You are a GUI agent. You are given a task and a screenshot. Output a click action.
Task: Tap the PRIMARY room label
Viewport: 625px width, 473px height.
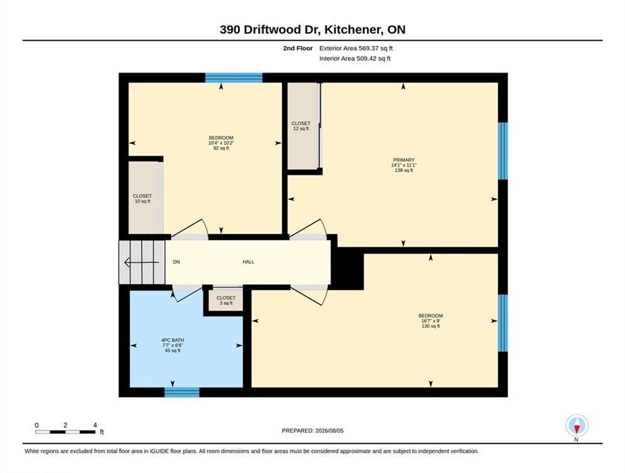403,160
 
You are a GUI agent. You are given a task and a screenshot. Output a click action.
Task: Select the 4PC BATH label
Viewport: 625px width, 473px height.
173,340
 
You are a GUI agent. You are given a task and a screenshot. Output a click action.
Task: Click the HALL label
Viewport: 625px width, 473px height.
248,262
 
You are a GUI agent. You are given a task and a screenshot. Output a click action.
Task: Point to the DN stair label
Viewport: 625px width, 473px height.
176,262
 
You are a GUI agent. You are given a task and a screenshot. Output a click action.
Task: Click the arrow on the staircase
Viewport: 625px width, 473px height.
141,262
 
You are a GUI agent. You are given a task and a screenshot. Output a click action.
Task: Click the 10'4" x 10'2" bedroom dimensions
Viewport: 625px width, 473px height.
221,143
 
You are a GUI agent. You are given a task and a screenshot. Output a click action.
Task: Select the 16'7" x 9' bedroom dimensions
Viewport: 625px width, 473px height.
430,321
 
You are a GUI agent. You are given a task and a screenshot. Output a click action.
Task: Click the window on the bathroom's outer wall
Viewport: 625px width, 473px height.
182,392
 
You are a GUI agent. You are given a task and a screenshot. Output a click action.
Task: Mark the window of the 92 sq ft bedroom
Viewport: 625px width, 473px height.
234,78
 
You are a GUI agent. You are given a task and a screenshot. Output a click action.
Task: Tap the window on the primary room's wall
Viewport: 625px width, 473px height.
503,151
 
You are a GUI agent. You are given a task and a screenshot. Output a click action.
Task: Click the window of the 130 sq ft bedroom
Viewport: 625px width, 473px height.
503,323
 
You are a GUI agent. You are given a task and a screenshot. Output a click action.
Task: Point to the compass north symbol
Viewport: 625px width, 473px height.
577,428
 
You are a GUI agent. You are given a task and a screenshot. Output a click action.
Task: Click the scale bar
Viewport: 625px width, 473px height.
65,432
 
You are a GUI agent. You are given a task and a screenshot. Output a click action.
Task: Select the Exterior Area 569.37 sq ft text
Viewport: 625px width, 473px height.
356,48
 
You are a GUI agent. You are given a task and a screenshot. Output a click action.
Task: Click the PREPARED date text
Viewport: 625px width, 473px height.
313,431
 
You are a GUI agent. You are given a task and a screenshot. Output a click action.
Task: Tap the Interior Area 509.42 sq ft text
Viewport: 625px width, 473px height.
355,58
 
